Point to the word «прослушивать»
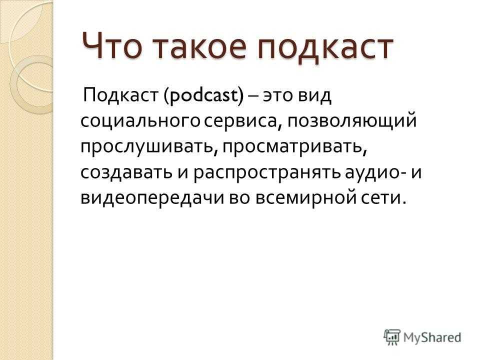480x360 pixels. tap(148, 147)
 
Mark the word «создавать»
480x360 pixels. tap(126, 172)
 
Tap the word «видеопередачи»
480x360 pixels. tap(152, 198)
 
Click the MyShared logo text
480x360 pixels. tap(432, 337)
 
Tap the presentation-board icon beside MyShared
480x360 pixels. tap(392, 337)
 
